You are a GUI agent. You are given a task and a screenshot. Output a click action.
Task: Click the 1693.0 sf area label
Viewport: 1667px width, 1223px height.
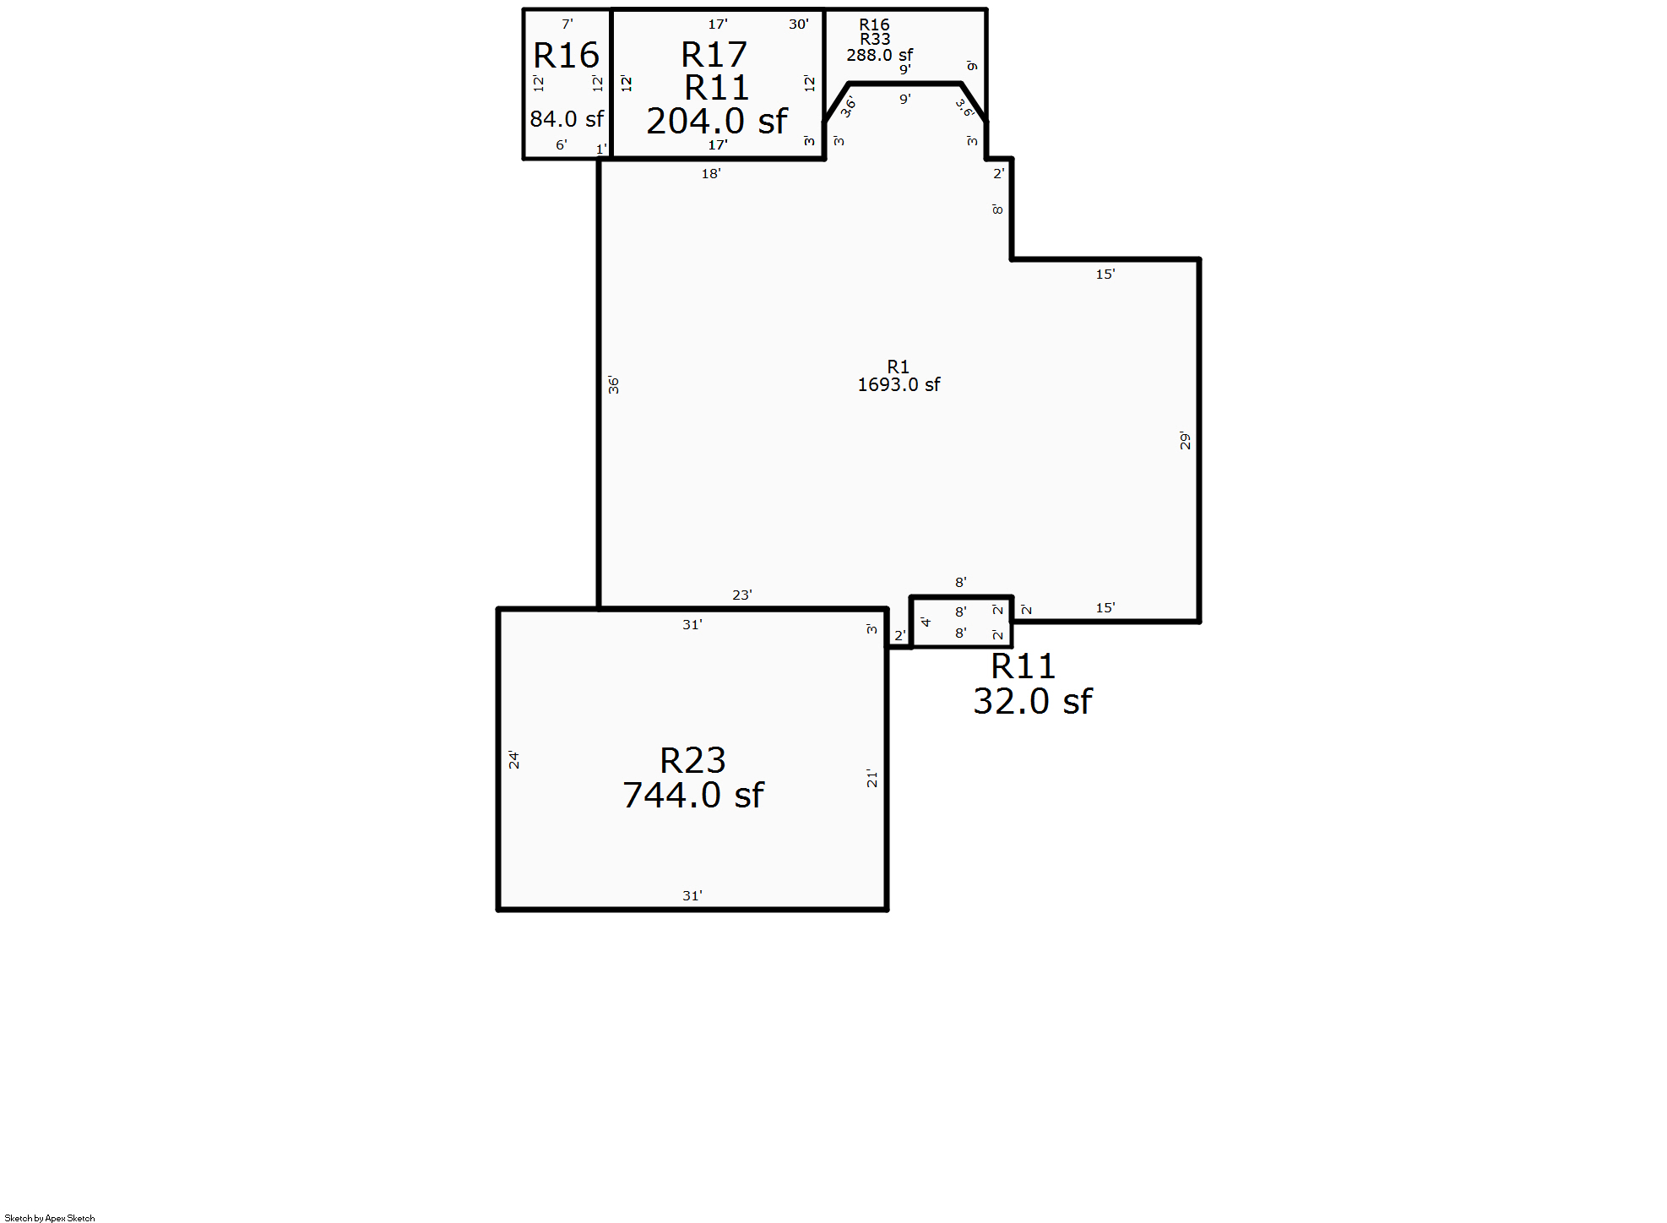click(x=899, y=385)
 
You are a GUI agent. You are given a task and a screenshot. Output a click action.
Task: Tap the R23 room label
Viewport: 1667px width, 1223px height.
click(x=692, y=761)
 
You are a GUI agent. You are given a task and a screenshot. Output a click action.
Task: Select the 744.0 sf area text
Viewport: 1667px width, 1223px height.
click(x=692, y=796)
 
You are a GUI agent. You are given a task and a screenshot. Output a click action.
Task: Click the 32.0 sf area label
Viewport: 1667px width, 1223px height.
click(x=1032, y=702)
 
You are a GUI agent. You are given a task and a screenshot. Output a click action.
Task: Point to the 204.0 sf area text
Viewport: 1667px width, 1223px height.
click(x=717, y=122)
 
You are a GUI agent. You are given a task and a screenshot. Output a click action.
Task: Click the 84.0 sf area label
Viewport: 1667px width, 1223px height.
click(x=567, y=119)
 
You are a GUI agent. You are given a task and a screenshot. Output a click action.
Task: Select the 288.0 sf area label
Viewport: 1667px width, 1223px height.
click(x=879, y=55)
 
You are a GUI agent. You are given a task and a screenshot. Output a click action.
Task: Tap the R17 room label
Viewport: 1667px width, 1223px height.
click(x=714, y=56)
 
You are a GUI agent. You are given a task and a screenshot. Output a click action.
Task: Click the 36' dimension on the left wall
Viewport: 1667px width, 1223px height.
click(x=614, y=385)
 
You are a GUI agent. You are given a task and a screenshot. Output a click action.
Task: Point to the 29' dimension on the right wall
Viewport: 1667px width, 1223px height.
click(x=1185, y=441)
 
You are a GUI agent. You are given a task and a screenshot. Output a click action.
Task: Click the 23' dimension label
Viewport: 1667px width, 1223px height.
click(x=741, y=595)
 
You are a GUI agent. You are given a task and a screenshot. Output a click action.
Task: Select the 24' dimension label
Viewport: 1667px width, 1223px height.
click(x=513, y=760)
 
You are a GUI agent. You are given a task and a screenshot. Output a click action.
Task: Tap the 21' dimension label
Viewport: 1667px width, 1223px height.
click(x=872, y=779)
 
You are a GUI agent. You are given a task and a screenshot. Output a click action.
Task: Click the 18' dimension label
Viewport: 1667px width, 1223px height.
click(x=711, y=174)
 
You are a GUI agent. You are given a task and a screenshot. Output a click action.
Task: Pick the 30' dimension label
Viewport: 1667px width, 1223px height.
click(x=798, y=24)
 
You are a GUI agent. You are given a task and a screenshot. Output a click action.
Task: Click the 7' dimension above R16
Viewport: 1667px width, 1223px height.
click(x=567, y=24)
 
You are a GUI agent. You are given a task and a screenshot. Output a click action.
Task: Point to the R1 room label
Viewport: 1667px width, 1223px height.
click(x=899, y=367)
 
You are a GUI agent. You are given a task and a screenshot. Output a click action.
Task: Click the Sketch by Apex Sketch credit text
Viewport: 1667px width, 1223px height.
click(x=50, y=1217)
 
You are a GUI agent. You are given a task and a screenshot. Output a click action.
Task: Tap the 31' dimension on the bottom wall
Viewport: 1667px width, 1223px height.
click(x=692, y=895)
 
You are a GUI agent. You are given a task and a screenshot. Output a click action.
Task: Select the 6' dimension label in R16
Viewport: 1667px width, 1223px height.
click(x=561, y=145)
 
